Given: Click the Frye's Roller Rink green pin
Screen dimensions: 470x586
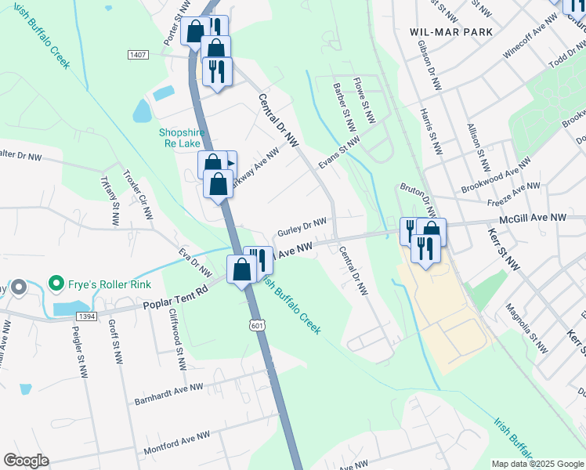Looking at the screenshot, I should coord(56,282).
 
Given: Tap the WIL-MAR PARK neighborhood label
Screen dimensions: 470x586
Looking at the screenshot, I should coord(451,32).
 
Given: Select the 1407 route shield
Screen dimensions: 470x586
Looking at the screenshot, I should coord(138,54).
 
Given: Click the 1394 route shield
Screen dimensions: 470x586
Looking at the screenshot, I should coord(88,316).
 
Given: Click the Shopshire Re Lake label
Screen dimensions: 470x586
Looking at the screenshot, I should coord(182,139).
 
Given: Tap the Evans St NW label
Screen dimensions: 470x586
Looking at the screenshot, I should coord(338,152).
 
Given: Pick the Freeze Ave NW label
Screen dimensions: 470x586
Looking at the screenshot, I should coord(512,193).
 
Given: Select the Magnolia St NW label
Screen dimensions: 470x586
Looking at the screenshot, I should coord(526,327).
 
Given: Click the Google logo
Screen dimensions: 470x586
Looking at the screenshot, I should coord(26,461).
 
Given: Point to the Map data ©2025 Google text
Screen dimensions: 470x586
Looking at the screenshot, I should coord(537,464).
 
